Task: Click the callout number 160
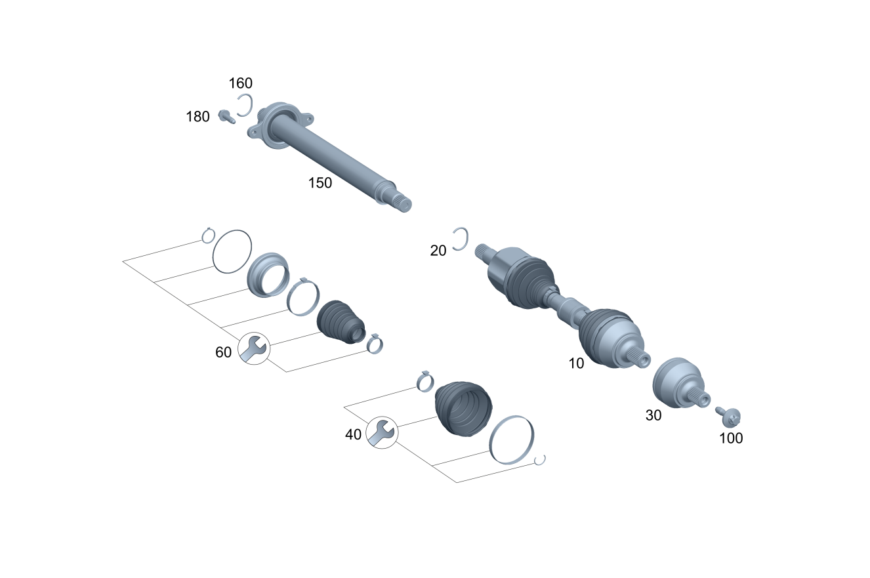(240, 83)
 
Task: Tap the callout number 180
(197, 117)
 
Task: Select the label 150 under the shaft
(320, 183)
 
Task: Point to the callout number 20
(438, 251)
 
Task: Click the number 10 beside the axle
(576, 363)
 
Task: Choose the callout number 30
(653, 415)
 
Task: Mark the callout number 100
(731, 438)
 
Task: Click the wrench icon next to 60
(254, 348)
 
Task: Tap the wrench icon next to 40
(382, 432)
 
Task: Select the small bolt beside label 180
(226, 117)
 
